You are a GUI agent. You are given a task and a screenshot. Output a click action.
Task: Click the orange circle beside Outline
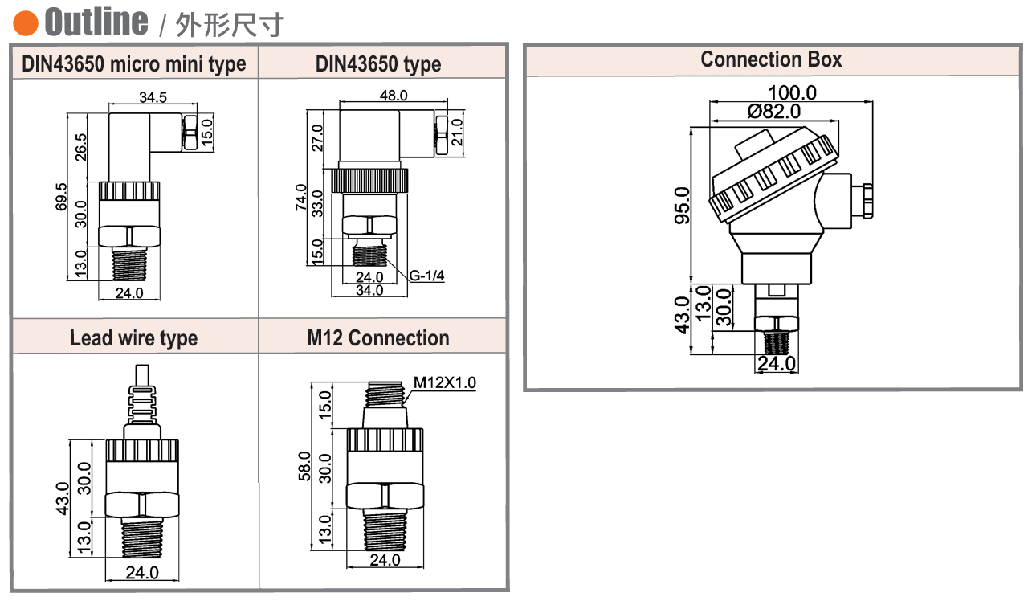pos(27,23)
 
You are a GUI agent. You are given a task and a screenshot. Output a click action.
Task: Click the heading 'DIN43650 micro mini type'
pos(134,64)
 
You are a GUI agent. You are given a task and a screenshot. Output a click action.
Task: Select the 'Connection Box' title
pos(771,59)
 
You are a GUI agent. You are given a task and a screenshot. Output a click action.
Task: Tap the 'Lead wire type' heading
pos(133,338)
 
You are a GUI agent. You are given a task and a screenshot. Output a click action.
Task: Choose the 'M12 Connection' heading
pos(378,338)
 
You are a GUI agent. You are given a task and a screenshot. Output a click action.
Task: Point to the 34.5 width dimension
pos(153,98)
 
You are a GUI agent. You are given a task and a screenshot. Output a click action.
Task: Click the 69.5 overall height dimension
pos(62,197)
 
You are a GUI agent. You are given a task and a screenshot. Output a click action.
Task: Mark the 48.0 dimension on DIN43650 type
pos(394,96)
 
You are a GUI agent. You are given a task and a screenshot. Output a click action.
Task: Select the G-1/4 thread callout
pos(426,276)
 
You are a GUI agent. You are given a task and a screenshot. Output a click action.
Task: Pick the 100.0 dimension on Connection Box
pos(792,93)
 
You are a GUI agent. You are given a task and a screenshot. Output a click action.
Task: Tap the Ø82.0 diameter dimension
pos(774,112)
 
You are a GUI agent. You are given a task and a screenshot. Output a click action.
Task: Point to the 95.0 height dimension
pos(682,205)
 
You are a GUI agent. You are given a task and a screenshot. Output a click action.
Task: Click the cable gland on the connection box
pos(864,201)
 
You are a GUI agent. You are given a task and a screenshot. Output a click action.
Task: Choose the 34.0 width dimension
pos(369,290)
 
